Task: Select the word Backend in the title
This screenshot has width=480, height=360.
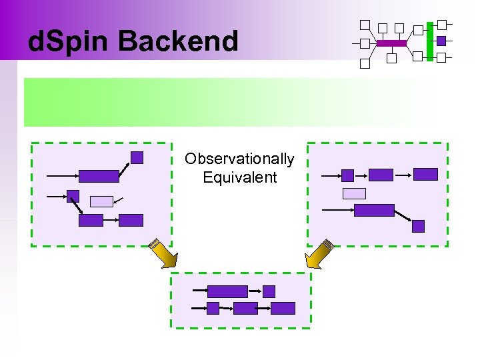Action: (x=178, y=41)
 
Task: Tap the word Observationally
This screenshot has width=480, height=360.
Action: (x=239, y=159)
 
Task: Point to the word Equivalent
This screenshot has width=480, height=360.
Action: (x=239, y=177)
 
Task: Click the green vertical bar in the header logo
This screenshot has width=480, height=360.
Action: (x=430, y=40)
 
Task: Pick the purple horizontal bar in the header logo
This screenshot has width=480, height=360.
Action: (x=391, y=43)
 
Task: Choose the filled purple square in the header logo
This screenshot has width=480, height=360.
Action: (x=441, y=41)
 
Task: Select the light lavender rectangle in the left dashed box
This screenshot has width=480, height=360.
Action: (x=101, y=201)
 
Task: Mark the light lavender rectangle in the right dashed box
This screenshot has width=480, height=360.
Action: (x=354, y=193)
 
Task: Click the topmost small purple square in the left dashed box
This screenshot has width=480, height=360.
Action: (x=137, y=157)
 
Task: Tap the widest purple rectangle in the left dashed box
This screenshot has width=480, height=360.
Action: (x=99, y=176)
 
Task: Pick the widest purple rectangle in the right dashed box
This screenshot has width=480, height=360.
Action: (x=374, y=210)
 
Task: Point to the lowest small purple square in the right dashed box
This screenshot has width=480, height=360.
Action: (x=418, y=226)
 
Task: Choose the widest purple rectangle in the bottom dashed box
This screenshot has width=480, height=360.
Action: (x=227, y=291)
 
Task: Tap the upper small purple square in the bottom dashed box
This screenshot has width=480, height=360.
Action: (x=269, y=291)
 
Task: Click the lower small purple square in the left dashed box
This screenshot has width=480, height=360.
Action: (x=73, y=196)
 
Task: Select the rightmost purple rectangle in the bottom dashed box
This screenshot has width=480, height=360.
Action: (x=283, y=308)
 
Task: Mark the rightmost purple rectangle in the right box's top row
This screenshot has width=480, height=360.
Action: (x=425, y=174)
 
